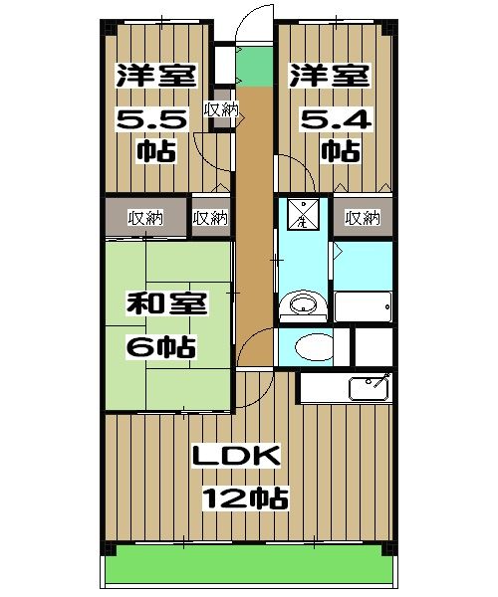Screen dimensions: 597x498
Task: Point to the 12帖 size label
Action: point(246,497)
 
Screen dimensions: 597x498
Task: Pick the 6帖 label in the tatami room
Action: point(159,347)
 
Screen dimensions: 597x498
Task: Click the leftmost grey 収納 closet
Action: point(145,218)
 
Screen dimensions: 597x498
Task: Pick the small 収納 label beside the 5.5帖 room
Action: point(220,109)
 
